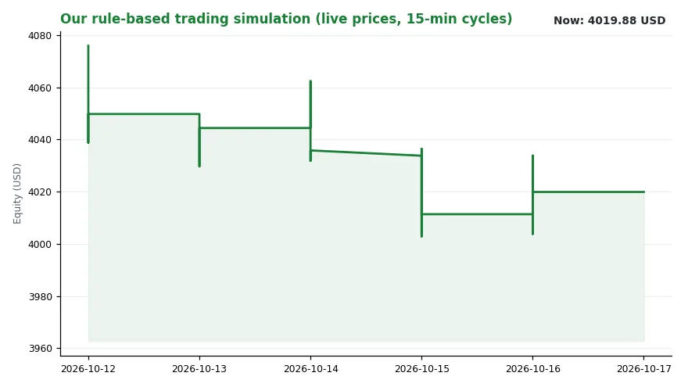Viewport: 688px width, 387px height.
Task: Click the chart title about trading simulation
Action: coord(286,19)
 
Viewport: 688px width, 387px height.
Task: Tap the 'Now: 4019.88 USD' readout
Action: coord(610,20)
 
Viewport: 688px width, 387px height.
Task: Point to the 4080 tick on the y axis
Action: coord(40,35)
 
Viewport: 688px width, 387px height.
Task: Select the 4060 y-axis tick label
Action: coord(40,88)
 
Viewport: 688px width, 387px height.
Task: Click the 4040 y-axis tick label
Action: coord(40,139)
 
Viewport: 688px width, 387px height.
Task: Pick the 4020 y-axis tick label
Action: coord(40,192)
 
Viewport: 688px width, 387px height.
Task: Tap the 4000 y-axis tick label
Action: coord(40,244)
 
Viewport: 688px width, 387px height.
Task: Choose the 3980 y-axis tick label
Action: coord(40,296)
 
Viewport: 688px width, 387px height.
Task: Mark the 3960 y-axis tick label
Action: coord(40,349)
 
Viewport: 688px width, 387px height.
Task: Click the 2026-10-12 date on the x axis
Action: coord(88,368)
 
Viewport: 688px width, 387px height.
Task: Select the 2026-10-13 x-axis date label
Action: coord(199,368)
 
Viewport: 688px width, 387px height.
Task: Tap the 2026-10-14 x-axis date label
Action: coord(310,368)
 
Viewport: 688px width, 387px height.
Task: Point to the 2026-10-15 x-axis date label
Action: coord(421,368)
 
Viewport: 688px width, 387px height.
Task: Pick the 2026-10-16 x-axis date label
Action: coord(532,368)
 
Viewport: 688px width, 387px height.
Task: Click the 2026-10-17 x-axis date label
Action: coord(643,368)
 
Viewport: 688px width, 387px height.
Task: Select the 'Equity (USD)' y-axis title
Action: coord(17,194)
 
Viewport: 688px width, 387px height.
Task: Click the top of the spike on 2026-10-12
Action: coord(88,45)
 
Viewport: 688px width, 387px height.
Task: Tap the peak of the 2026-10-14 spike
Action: coord(310,81)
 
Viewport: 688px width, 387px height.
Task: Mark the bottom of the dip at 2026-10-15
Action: coord(421,236)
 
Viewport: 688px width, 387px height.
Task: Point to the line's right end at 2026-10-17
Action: coord(643,192)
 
